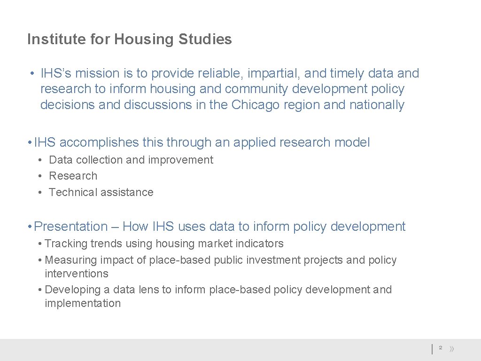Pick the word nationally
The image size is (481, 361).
[x=377, y=105]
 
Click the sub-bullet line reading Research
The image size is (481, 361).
[x=73, y=176]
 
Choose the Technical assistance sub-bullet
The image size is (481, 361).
[x=101, y=192]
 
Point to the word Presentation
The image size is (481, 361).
[x=71, y=227]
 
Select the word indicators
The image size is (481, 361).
[x=261, y=243]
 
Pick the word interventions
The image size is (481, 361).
[x=77, y=274]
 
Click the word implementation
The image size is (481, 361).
[x=83, y=304]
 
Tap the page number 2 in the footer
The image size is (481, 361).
[x=441, y=348]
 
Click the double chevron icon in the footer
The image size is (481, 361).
[x=452, y=349]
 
